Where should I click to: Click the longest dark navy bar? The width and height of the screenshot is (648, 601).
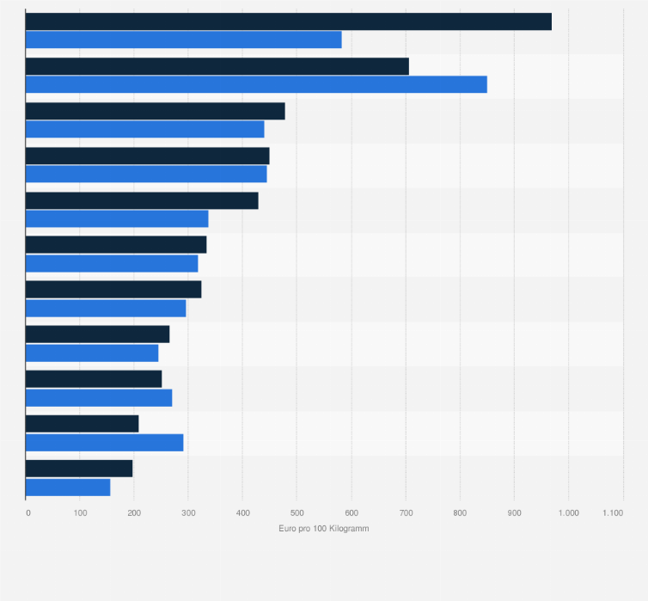coord(289,21)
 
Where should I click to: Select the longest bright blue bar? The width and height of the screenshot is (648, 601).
coord(256,84)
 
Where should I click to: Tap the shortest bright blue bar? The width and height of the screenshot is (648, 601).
coord(68,488)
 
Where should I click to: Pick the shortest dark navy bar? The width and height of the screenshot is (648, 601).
coord(79,469)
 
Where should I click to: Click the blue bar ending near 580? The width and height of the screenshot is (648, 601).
coord(184,40)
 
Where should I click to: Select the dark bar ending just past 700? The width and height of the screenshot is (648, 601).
coord(217,66)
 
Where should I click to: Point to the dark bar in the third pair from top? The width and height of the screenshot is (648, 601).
coord(156,111)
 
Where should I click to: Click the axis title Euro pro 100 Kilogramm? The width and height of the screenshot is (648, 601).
coord(325,528)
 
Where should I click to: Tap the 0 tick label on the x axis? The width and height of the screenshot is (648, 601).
coord(28,512)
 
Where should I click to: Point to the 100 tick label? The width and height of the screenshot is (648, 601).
coord(81,512)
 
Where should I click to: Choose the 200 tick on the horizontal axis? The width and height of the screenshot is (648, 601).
coord(134,512)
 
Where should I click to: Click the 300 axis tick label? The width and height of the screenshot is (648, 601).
coord(188,512)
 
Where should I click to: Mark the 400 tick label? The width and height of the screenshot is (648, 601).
coord(242,512)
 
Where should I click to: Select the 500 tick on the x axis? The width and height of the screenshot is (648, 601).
coord(296,512)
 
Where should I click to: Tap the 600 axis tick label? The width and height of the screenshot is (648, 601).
coord(351,512)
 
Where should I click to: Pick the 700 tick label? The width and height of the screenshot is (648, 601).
coord(405,512)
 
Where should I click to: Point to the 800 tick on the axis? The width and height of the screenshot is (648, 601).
coord(459,512)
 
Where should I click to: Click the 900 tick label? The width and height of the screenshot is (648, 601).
coord(514,512)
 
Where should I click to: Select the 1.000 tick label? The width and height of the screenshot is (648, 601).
coord(568,512)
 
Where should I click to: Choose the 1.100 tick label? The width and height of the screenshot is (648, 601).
coord(613,512)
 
